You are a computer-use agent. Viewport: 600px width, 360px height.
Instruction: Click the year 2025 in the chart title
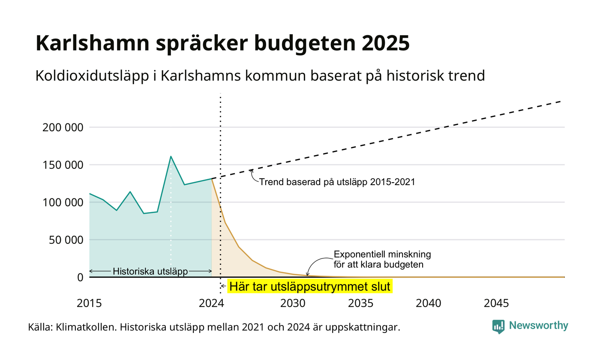coord(385,43)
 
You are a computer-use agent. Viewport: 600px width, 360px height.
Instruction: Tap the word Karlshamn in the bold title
coord(93,43)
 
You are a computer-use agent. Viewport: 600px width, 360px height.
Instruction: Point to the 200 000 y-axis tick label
coord(63,128)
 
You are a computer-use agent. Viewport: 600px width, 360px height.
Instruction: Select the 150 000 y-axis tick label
coord(63,165)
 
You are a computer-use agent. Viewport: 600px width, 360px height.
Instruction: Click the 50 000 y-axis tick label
coord(66,240)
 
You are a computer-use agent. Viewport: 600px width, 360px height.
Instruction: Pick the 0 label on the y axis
coord(81,278)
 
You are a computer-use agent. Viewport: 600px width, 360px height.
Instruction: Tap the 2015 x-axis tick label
coord(89,303)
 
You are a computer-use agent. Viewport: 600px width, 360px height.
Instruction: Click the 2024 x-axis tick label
coord(212,303)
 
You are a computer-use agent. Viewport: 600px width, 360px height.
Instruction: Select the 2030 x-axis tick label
coord(293,303)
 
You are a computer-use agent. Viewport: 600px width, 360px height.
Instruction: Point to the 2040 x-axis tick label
coord(428,303)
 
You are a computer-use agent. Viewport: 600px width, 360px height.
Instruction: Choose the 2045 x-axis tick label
coord(496,303)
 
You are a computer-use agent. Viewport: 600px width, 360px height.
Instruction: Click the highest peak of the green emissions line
coord(171,156)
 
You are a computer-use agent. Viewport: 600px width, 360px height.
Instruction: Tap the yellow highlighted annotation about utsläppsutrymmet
coord(310,286)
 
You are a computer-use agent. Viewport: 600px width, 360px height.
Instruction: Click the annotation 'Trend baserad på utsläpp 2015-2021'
coord(337,182)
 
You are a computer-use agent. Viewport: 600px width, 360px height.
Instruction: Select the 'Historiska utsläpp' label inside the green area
coord(150,271)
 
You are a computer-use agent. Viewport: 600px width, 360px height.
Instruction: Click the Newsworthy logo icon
coord(498,327)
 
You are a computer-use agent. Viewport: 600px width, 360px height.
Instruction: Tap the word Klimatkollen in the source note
coord(86,327)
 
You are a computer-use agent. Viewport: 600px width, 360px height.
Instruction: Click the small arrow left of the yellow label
coord(223,286)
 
